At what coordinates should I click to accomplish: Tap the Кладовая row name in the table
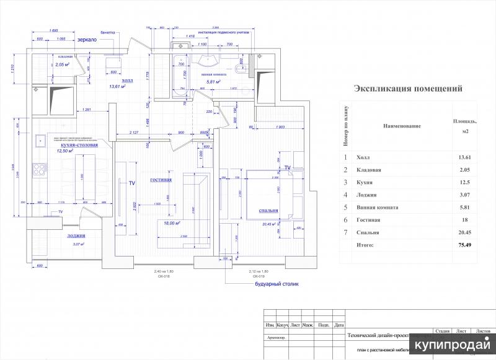369,170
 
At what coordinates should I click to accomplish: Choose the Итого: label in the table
365,245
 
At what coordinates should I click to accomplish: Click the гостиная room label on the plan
161,180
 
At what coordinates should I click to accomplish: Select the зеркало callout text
86,40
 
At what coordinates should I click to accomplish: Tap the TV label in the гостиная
131,183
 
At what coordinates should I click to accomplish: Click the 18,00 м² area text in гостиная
172,222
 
